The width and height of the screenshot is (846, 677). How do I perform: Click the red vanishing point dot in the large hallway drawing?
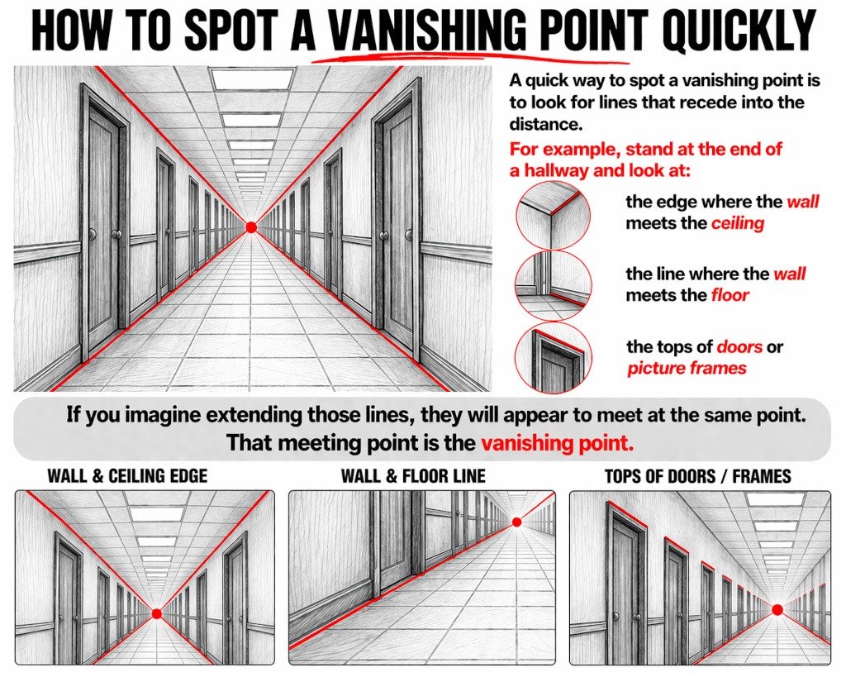251,227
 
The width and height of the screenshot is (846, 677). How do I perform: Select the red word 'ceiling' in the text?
738,223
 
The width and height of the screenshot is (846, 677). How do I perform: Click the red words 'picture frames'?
687,368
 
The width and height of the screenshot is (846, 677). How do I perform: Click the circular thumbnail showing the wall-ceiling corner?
553,215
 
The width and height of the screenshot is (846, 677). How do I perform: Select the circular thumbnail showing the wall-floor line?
553,285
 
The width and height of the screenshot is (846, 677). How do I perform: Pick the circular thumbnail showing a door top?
553,358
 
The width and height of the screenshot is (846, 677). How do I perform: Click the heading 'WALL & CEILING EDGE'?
127,475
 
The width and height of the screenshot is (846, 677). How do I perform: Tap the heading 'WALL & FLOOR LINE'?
413,475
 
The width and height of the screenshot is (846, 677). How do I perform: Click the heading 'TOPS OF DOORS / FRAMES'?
698,476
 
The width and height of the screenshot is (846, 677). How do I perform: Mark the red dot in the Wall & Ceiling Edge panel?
157,613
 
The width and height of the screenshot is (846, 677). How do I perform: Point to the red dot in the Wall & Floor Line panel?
517,522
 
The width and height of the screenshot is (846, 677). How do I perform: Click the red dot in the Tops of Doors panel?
777,610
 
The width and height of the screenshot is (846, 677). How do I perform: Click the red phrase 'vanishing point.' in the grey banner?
558,443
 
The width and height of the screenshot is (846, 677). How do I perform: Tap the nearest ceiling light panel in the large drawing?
253,79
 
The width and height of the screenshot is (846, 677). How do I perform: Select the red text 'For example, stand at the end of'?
646,149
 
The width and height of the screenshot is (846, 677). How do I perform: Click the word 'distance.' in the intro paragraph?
546,124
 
